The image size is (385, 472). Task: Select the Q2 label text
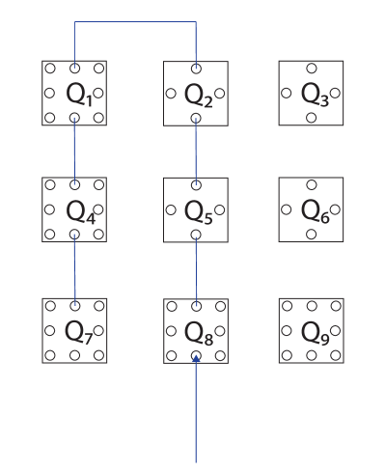click(x=198, y=95)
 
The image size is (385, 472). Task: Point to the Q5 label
click(x=198, y=210)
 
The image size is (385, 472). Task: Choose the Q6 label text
click(x=314, y=210)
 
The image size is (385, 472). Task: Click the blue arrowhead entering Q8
click(x=196, y=358)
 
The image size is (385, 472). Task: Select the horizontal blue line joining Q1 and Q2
click(x=135, y=22)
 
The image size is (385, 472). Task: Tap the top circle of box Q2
click(x=196, y=69)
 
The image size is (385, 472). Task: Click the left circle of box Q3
click(x=287, y=94)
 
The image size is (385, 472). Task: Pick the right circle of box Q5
click(x=220, y=209)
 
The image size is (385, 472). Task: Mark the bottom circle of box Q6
click(x=311, y=234)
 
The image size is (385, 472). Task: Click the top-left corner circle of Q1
click(x=50, y=69)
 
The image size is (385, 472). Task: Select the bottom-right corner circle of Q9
click(x=336, y=355)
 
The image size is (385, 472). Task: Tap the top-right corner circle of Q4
click(x=98, y=184)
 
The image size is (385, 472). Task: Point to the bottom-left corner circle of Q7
click(x=50, y=355)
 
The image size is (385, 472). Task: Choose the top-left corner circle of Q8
click(x=172, y=306)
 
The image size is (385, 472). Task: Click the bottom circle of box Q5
click(x=196, y=234)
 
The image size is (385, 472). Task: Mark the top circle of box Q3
click(x=311, y=69)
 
